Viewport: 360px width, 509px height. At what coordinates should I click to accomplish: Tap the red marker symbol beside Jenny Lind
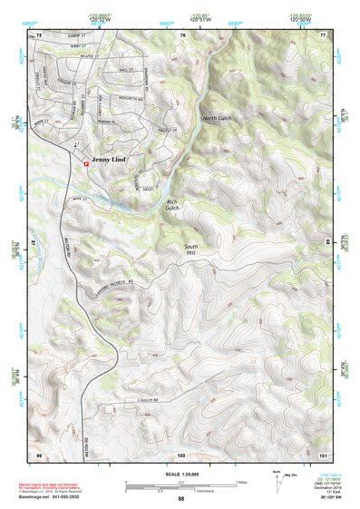(86, 163)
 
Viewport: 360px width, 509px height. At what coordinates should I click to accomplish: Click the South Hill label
(190, 250)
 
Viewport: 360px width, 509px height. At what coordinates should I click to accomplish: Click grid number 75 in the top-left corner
(39, 35)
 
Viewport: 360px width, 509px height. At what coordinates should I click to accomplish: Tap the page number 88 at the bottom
(180, 499)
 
